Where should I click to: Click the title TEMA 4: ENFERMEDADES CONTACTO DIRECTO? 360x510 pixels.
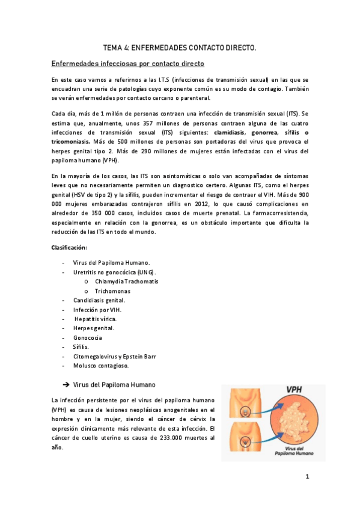pos(180,46)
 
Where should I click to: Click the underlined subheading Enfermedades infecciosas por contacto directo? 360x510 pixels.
pos(128,63)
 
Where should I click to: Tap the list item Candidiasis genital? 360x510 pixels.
pos(99,300)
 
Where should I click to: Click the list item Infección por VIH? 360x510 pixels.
pos(97,309)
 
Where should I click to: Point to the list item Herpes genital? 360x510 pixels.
pos(94,328)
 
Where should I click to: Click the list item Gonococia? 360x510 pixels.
pos(89,337)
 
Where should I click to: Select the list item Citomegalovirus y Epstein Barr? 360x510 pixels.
pos(115,356)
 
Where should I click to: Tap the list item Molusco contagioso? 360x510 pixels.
pos(100,366)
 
